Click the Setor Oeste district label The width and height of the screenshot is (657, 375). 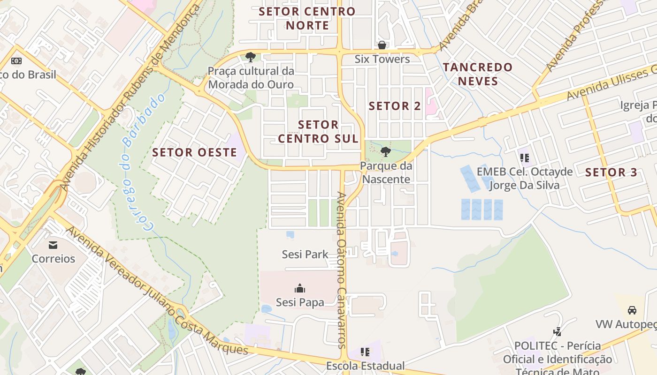pos(194,152)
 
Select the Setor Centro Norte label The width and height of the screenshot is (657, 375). pos(307,18)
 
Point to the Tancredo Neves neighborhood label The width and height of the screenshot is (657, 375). pos(478,74)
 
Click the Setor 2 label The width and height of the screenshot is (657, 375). pos(395,106)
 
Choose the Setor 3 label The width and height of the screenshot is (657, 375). pos(611,172)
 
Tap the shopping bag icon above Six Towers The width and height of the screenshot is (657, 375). pos(382,45)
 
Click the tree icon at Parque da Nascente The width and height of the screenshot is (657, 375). pos(385,151)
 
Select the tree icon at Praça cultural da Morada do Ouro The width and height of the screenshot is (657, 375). pos(251,57)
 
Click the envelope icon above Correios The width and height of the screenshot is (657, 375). pos(53,245)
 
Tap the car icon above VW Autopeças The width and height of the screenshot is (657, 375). pos(632,310)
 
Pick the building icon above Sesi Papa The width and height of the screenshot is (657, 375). pos(299,288)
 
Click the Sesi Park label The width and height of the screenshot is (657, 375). pos(305,254)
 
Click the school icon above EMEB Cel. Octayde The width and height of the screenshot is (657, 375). pos(524,158)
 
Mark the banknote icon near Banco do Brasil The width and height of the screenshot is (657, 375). pos(16,61)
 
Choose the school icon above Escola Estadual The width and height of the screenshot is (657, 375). pos(365,352)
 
